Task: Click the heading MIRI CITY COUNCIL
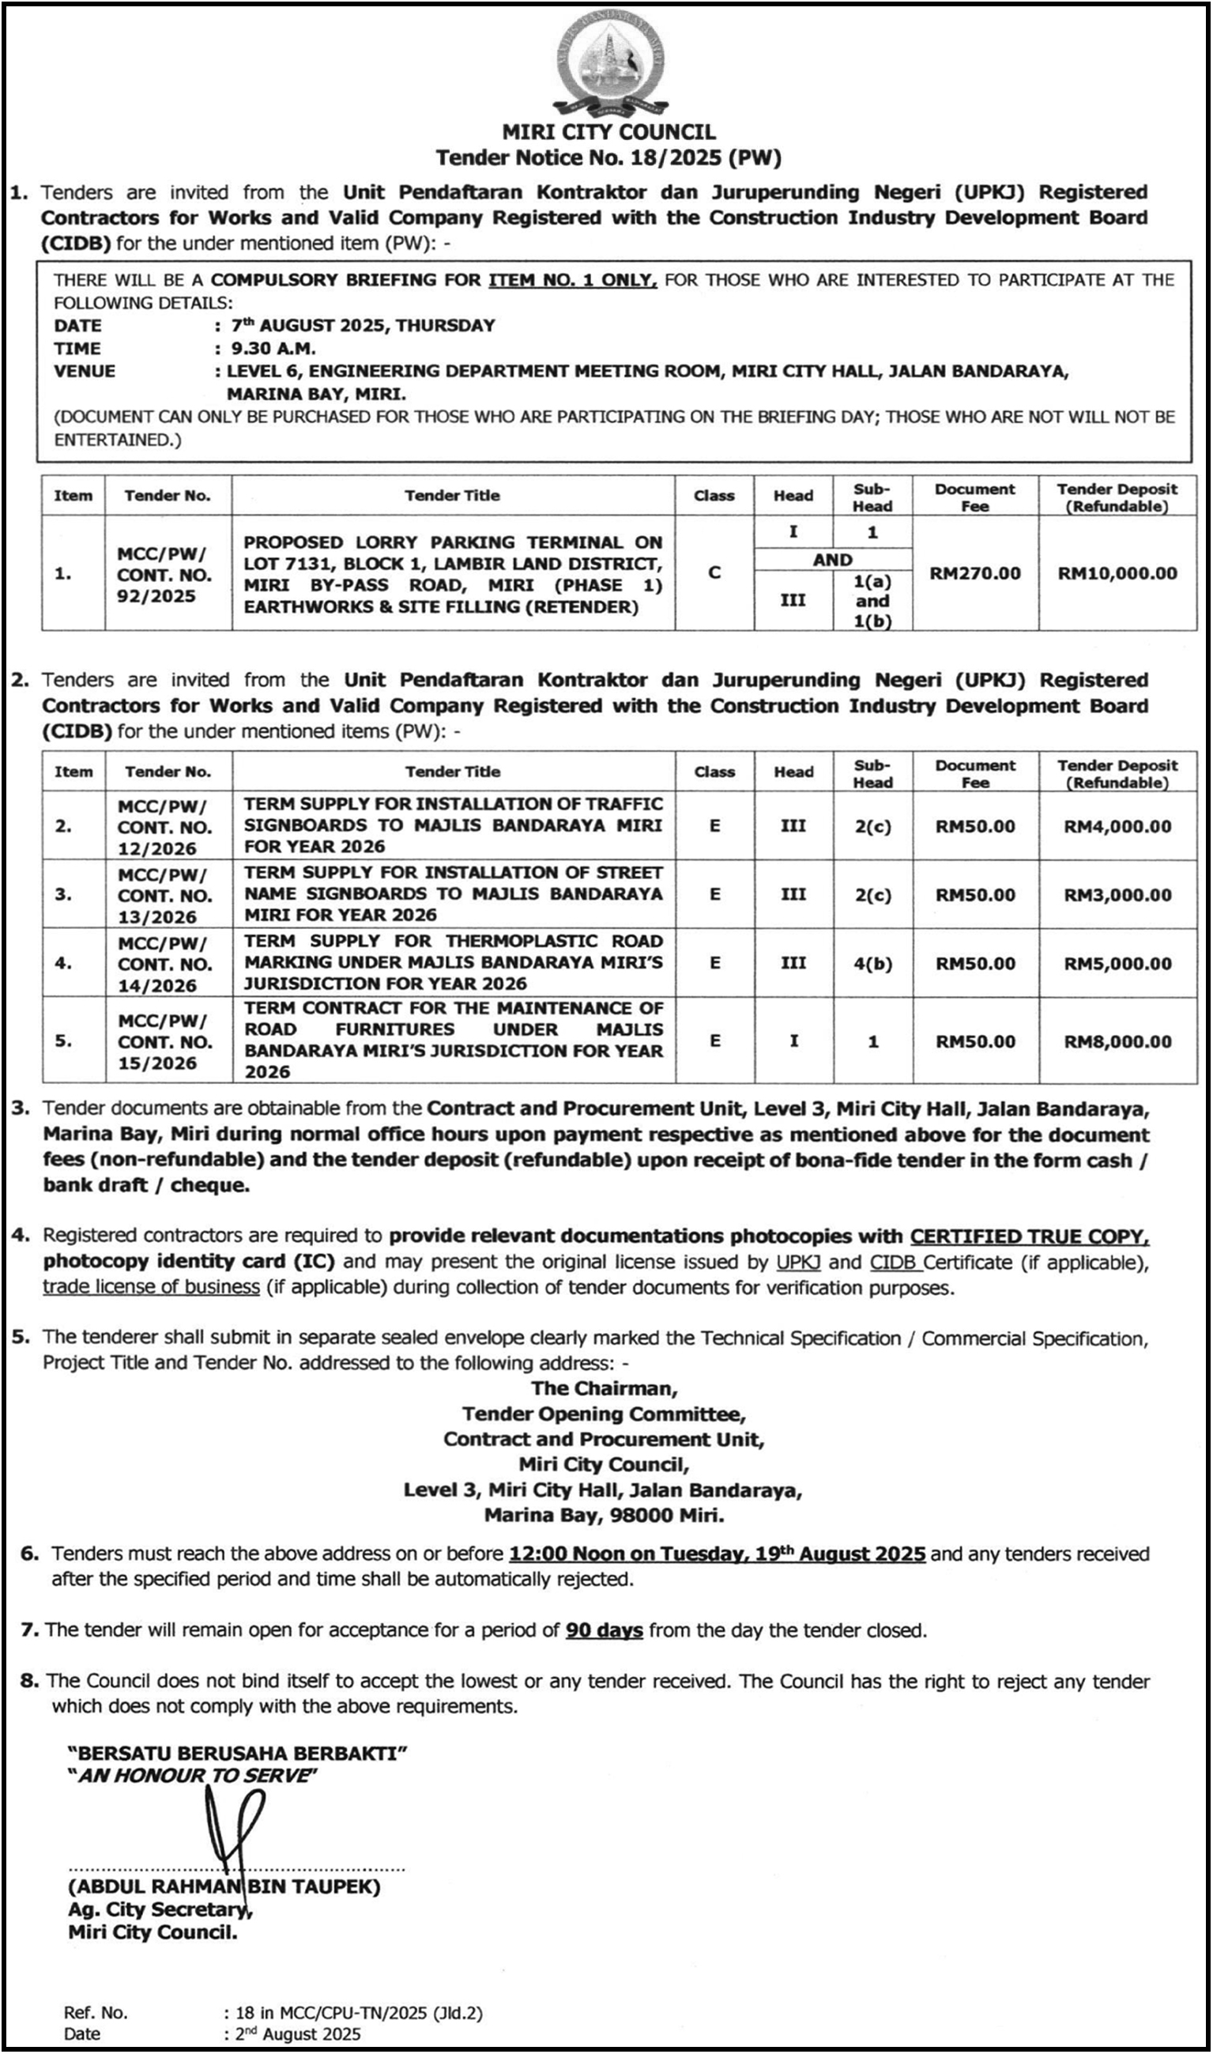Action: tap(608, 132)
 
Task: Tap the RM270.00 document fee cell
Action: tap(975, 573)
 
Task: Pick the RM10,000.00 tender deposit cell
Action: tap(1117, 573)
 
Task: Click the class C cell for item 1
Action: tap(714, 572)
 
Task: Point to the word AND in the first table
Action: tap(832, 560)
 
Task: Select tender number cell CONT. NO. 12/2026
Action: tap(164, 827)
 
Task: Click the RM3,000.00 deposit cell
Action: tap(1117, 895)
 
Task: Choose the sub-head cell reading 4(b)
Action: tap(873, 964)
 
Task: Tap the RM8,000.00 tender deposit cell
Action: tap(1117, 1042)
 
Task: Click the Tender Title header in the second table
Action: tap(453, 772)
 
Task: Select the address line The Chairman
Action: tap(604, 1388)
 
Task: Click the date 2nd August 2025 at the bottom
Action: tap(298, 2034)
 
